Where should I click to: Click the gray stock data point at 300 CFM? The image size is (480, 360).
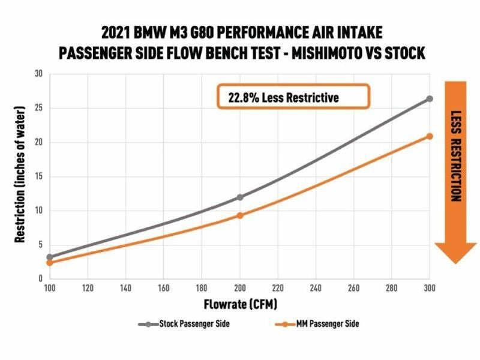tap(430, 99)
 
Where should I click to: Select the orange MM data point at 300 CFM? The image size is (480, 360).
tap(430, 136)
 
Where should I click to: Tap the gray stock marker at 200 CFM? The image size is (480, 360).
tap(240, 197)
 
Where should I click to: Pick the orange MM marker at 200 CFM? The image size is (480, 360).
tap(240, 215)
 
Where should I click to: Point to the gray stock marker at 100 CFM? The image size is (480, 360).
tap(50, 257)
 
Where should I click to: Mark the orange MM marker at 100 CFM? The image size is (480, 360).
tap(50, 263)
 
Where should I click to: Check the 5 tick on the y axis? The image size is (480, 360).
tap(40, 245)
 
